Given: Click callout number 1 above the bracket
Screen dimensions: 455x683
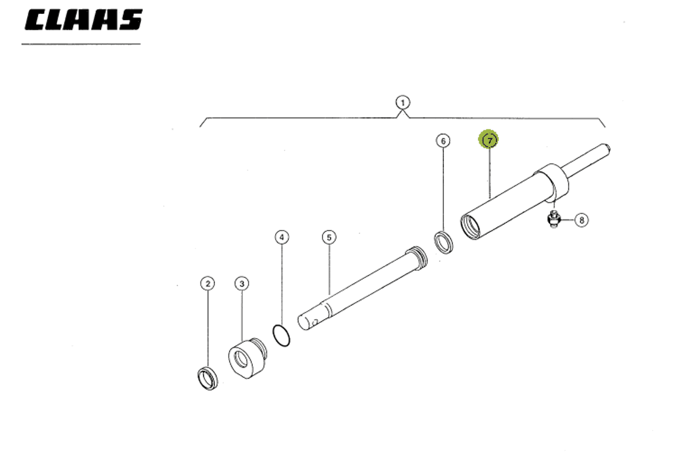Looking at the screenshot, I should point(402,102).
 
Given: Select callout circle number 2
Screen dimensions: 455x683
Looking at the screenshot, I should point(207,284).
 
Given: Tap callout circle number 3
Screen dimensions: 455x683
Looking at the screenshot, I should point(242,284).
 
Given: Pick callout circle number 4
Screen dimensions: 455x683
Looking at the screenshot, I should point(282,237).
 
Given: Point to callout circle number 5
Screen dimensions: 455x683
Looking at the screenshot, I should point(328,237).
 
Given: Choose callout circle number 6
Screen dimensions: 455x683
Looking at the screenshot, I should point(443,140).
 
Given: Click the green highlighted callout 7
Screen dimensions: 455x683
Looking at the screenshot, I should point(489,140).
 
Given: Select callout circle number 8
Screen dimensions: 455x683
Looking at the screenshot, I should point(581,220).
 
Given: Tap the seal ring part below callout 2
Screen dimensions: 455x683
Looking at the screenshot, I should point(207,378).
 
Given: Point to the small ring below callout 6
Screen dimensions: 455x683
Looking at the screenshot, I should point(444,243).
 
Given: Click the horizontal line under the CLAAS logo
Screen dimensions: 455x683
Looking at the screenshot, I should point(81,44).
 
